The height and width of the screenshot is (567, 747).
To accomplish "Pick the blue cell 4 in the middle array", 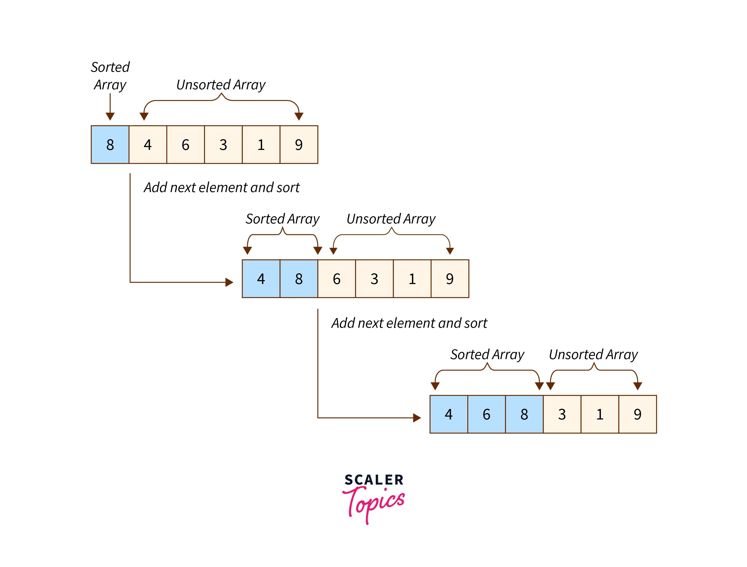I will [x=261, y=279].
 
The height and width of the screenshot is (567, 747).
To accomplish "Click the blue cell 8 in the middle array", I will [x=299, y=279].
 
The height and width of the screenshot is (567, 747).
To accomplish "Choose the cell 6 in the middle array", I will [x=337, y=279].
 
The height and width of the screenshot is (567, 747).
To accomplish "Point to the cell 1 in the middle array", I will [x=412, y=279].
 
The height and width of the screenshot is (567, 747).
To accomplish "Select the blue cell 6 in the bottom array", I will [x=486, y=414].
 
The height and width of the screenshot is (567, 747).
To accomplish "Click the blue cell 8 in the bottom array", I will [x=524, y=414].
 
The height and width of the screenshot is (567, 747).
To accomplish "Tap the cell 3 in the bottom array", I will [x=562, y=414].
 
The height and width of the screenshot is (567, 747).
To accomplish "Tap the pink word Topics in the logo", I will [x=374, y=503].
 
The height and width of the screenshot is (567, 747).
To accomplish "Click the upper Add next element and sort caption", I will [x=221, y=187].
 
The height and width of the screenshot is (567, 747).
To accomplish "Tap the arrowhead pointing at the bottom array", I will [x=417, y=418].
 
